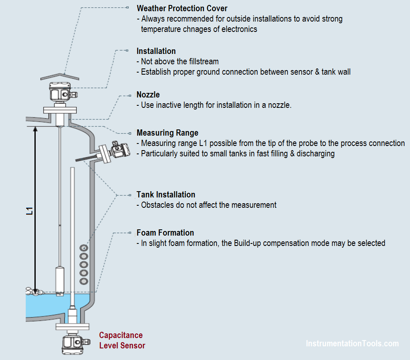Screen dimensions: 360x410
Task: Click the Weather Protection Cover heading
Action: pos(182,8)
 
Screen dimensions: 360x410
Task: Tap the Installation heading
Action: pos(156,51)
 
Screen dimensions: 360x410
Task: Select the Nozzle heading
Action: pos(148,95)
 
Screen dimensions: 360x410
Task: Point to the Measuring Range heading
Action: pos(167,133)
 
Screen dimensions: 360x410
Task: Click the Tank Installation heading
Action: pos(166,195)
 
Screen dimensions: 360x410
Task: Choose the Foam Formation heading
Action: pos(165,233)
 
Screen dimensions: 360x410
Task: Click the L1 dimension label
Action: pos(29,211)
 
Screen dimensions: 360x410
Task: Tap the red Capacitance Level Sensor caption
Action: pos(122,340)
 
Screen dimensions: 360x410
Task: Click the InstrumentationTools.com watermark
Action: pos(352,343)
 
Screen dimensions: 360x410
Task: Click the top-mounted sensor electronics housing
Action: pos(61,92)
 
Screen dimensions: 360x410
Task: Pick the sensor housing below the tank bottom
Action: pos(72,343)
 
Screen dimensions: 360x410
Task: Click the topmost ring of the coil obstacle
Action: pos(83,248)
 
